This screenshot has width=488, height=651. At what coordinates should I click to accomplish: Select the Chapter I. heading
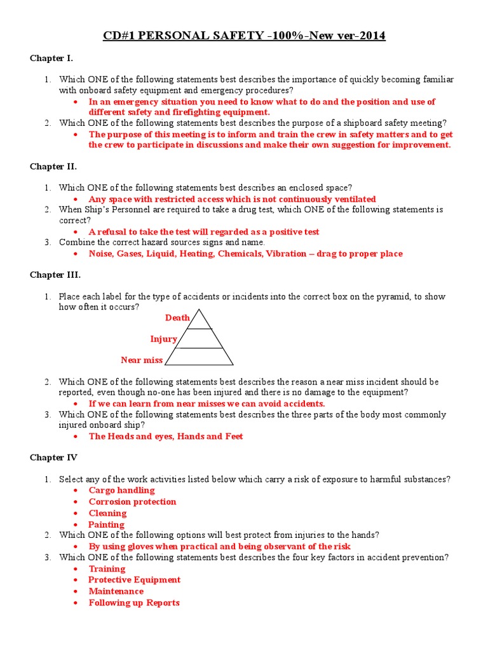(51, 58)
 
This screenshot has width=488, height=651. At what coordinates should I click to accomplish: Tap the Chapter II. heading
(53, 167)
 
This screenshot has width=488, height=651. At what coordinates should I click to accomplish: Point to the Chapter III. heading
(55, 275)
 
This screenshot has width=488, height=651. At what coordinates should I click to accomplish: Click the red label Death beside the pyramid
(177, 317)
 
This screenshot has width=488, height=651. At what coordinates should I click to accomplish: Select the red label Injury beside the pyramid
(163, 339)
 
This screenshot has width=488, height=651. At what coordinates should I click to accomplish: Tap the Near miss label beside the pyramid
(142, 360)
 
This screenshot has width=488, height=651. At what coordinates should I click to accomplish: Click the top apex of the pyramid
(199, 310)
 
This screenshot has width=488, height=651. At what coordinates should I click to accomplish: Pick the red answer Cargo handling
(121, 490)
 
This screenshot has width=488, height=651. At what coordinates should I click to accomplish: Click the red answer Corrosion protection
(132, 502)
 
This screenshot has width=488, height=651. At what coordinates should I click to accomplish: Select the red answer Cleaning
(107, 513)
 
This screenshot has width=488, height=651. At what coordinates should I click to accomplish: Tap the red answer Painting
(106, 524)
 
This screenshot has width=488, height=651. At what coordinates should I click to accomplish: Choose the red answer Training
(107, 568)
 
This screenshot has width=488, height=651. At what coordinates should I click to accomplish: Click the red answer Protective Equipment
(134, 580)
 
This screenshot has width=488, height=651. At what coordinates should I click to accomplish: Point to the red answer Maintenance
(116, 591)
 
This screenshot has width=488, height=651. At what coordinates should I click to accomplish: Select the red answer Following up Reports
(134, 603)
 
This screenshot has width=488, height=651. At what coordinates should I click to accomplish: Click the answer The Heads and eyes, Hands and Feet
(165, 436)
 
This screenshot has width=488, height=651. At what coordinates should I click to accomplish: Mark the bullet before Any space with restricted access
(76, 200)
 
